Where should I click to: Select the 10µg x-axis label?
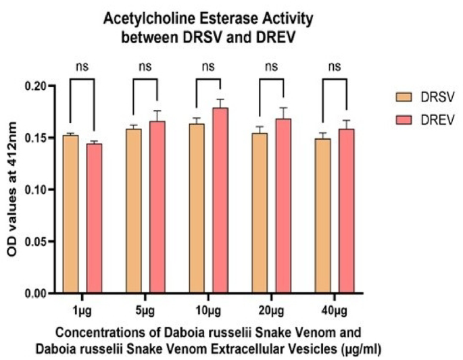[x=209, y=309]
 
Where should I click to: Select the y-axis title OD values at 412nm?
[x=13, y=190]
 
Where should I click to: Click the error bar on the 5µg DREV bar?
[x=157, y=115]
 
